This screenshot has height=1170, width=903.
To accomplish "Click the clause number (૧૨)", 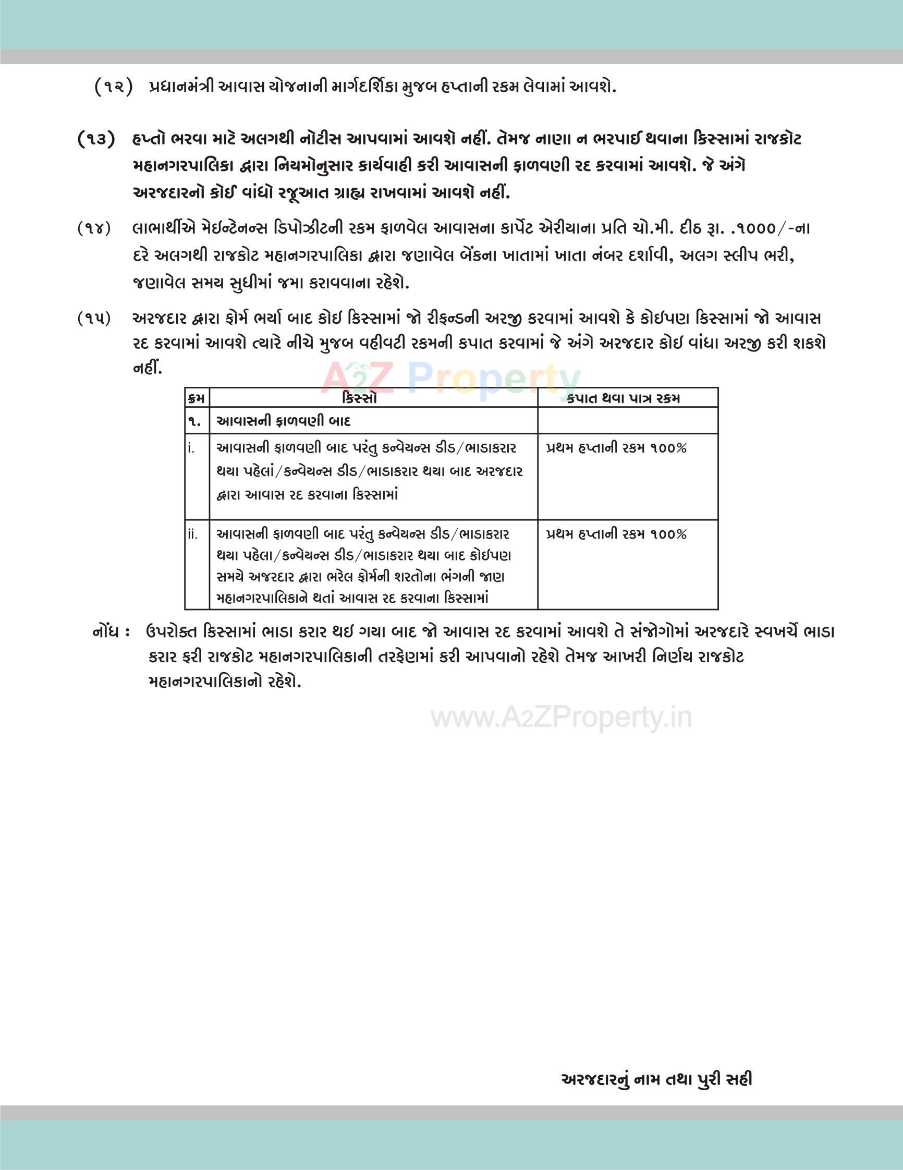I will coord(113,87).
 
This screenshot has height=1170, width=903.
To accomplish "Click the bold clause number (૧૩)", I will coord(96,139).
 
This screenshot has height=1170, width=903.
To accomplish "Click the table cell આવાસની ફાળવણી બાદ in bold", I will coord(283,422).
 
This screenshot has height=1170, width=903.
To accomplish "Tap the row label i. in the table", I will coord(191,448).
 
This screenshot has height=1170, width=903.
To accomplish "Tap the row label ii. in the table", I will coord(193,534).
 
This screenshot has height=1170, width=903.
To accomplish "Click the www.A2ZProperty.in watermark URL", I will coord(562,717).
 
